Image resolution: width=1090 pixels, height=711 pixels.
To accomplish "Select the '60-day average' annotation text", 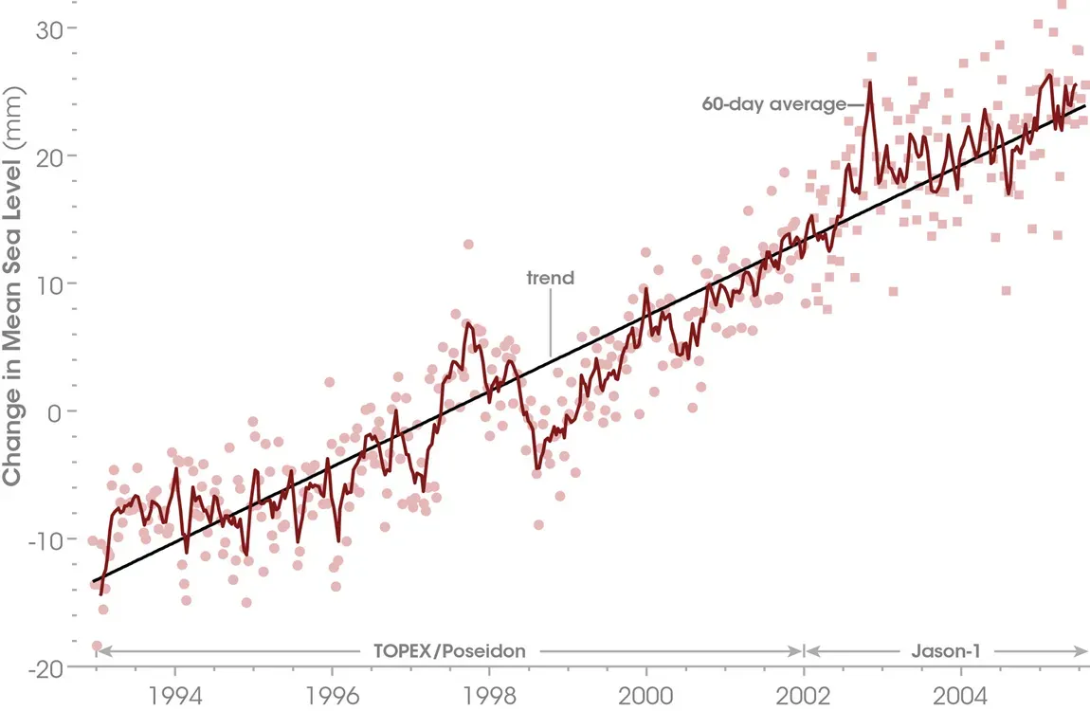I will click(x=773, y=104).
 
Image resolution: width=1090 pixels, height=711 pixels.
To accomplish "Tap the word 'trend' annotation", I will click(x=551, y=279).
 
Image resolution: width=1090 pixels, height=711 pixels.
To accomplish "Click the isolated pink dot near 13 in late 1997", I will click(x=468, y=245).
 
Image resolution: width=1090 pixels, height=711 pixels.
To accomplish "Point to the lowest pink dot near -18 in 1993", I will click(x=97, y=646).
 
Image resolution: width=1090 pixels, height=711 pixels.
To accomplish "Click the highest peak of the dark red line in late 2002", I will click(x=869, y=82).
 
